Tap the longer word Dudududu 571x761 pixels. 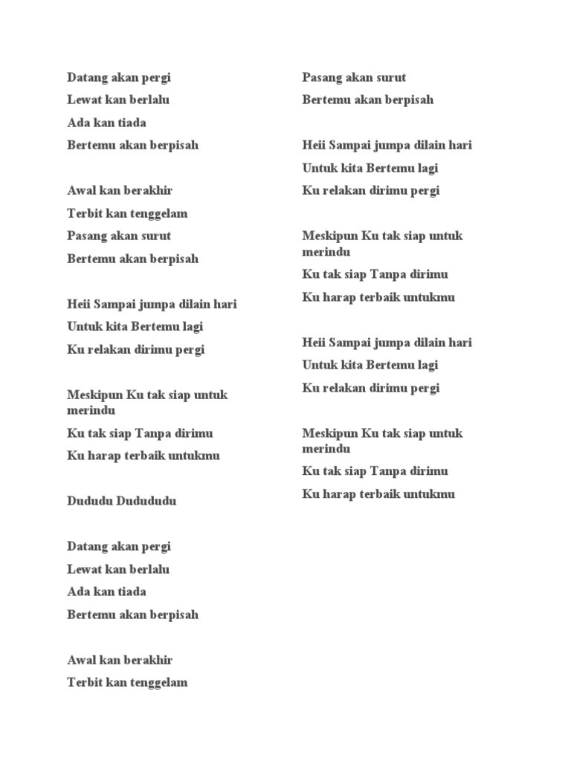pyautogui.click(x=146, y=501)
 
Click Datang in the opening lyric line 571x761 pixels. pyautogui.click(x=87, y=77)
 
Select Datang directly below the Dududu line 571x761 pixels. pyautogui.click(x=87, y=546)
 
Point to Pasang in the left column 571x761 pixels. pyautogui.click(x=87, y=236)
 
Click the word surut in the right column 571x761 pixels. pyautogui.click(x=391, y=77)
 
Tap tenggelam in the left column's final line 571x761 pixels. pyautogui.click(x=160, y=682)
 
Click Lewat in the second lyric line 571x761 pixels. pyautogui.click(x=84, y=100)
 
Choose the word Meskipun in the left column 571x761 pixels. pyautogui.click(x=95, y=395)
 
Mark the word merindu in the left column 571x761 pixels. pyautogui.click(x=91, y=410)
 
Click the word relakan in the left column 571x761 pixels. pyautogui.click(x=109, y=349)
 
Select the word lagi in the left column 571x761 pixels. pyautogui.click(x=191, y=326)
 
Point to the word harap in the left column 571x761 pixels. pyautogui.click(x=103, y=456)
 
